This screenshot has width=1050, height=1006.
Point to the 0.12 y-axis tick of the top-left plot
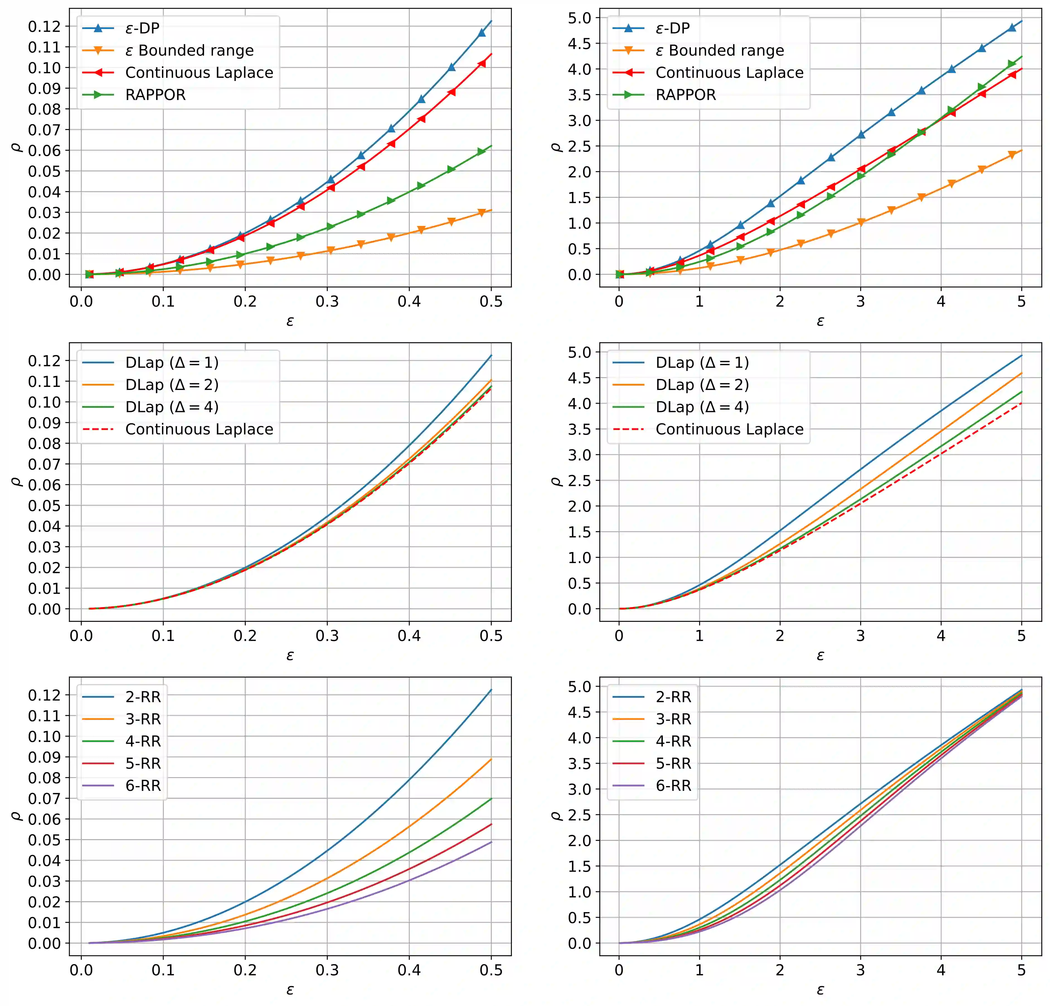(45, 26)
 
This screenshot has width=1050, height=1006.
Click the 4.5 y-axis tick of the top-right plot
(580, 43)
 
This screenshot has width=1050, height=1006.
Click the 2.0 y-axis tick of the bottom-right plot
(580, 840)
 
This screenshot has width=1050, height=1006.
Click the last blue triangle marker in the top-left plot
(482, 32)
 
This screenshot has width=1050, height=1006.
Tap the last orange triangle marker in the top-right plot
(1012, 155)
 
